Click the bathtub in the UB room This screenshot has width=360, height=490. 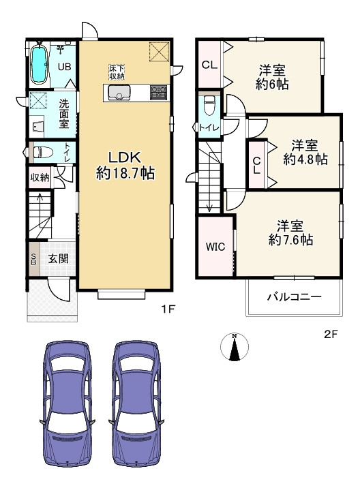click(39, 65)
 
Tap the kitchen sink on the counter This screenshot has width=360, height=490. click(119, 93)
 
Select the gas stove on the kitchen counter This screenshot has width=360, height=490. click(160, 93)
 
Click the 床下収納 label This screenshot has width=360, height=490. click(117, 72)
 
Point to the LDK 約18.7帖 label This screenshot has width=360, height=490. click(125, 166)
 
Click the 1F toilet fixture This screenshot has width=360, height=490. click(43, 152)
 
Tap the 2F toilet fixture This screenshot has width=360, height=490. click(209, 106)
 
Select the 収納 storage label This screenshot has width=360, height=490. click(40, 177)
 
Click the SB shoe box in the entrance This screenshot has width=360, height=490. click(33, 258)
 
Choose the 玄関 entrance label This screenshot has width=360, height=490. click(58, 258)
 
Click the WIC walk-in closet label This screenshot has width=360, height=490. click(215, 247)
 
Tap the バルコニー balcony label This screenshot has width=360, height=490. click(294, 296)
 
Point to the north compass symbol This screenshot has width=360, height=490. click(235, 347)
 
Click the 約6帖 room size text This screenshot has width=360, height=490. click(272, 85)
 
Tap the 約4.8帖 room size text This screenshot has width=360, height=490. click(305, 159)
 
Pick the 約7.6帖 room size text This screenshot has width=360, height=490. click(290, 240)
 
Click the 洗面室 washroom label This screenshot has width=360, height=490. click(64, 114)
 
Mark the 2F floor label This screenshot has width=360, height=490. click(331, 335)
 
